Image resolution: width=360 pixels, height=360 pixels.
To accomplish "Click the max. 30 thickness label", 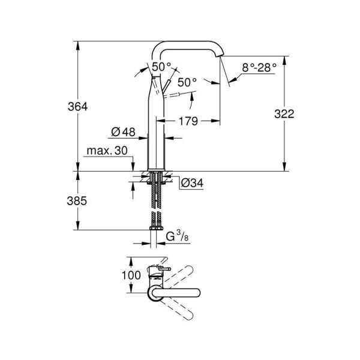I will (x=107, y=152).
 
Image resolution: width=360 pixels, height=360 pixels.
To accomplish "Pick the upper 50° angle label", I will (x=161, y=67).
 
